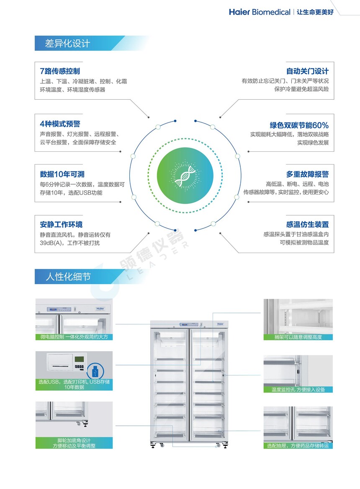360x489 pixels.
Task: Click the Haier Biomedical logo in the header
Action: (260, 12)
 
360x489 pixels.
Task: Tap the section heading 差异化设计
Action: (67, 43)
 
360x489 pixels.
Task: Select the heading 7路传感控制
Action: (60, 71)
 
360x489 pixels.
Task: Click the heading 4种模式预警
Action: (60, 124)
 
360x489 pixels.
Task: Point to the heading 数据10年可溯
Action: (62, 174)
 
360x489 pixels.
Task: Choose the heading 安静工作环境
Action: (61, 224)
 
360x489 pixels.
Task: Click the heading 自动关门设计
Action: (307, 71)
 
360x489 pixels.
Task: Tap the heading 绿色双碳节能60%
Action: (299, 125)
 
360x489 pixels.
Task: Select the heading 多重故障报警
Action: (307, 174)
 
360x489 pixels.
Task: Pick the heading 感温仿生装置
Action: (307, 224)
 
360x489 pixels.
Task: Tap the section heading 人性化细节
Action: (68, 277)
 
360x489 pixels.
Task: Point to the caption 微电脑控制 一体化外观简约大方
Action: (74, 337)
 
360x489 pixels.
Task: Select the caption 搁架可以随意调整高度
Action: (298, 337)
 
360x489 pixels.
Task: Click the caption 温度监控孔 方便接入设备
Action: (298, 390)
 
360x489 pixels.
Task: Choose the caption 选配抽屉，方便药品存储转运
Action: (298, 446)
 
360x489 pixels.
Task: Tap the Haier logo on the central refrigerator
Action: (220, 324)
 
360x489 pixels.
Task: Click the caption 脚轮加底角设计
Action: (74, 440)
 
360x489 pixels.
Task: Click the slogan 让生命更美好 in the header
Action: (315, 12)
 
